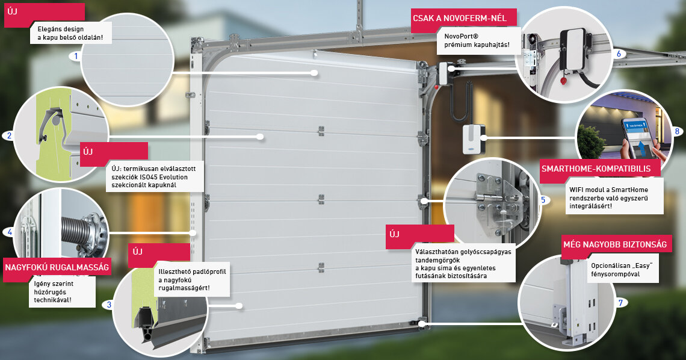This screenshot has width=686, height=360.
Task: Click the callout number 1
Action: tap(76, 56)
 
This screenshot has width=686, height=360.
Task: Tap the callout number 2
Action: tap(9, 135)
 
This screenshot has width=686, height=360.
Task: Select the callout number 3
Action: tap(109, 305)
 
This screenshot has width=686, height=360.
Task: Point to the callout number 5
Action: tap(543, 200)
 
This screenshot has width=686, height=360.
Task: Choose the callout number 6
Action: tap(619, 54)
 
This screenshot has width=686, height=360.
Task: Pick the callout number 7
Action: tap(620, 303)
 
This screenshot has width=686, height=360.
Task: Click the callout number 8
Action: tap(677, 131)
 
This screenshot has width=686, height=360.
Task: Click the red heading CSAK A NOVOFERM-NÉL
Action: tap(460, 19)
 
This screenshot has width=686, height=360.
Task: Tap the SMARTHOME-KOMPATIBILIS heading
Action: tap(596, 169)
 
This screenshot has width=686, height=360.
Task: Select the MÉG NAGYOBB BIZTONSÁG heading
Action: tap(614, 244)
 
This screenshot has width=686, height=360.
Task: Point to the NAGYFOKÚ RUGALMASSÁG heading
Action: tap(57, 267)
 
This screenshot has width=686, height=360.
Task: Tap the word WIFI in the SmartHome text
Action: tap(577, 190)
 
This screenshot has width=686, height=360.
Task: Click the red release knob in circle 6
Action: tap(563, 80)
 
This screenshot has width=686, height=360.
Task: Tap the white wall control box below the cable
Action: tap(473, 138)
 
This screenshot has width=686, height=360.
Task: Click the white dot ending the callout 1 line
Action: tap(314, 73)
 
